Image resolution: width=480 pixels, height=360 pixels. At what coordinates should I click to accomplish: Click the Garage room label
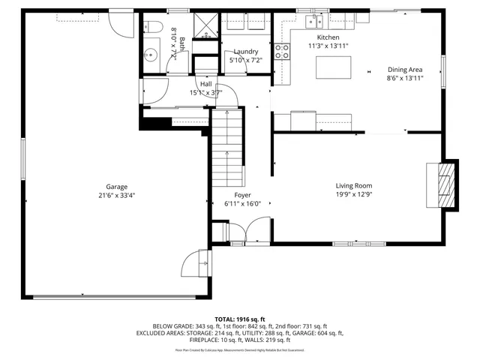tap(115, 187)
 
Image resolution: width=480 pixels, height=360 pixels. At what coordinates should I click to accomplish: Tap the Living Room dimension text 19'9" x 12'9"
tap(353, 195)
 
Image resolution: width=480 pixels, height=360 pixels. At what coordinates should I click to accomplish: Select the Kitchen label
tap(328, 37)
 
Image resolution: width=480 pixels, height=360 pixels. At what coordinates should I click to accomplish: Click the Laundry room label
tap(245, 51)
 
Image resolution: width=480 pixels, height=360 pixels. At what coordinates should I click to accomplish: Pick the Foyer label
tap(242, 194)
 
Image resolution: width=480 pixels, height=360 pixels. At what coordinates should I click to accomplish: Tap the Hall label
tap(205, 84)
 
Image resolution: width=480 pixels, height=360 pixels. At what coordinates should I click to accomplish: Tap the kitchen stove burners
tap(283, 51)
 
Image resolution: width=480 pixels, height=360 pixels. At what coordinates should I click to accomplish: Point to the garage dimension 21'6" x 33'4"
tap(115, 196)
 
